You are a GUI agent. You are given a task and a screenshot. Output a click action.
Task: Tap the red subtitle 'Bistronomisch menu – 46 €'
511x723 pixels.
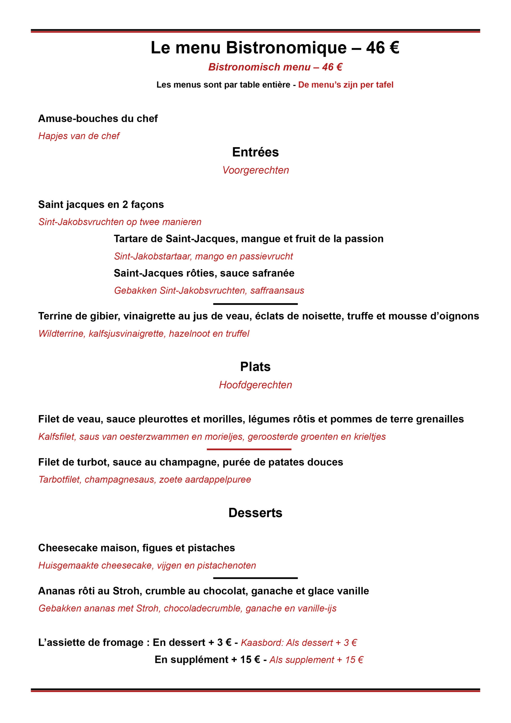pos(275,67)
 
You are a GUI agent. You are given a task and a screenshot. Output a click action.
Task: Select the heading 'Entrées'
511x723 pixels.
pos(255,152)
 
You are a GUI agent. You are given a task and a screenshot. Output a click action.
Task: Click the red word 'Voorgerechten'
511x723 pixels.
pos(255,170)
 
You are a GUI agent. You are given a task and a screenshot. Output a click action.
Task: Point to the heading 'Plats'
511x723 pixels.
pos(255,367)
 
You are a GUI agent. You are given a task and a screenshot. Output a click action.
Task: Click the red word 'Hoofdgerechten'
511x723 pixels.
pos(255,385)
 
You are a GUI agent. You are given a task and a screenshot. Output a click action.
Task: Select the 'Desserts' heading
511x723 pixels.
pos(255,513)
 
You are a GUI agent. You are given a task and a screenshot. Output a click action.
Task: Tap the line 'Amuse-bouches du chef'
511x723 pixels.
pos(98,118)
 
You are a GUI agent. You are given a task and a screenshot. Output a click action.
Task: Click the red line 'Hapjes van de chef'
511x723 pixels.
pos(79,136)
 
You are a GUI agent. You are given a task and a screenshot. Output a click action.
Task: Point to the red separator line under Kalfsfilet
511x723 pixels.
pos(249,449)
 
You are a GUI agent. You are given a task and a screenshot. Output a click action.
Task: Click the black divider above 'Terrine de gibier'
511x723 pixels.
pos(255,304)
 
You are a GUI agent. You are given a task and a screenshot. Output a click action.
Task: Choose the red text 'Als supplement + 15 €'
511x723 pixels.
pos(316,660)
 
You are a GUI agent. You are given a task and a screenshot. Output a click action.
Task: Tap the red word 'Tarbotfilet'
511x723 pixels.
pos(59,480)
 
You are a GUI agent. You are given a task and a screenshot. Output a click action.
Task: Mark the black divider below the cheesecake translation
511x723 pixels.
pos(255,578)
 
